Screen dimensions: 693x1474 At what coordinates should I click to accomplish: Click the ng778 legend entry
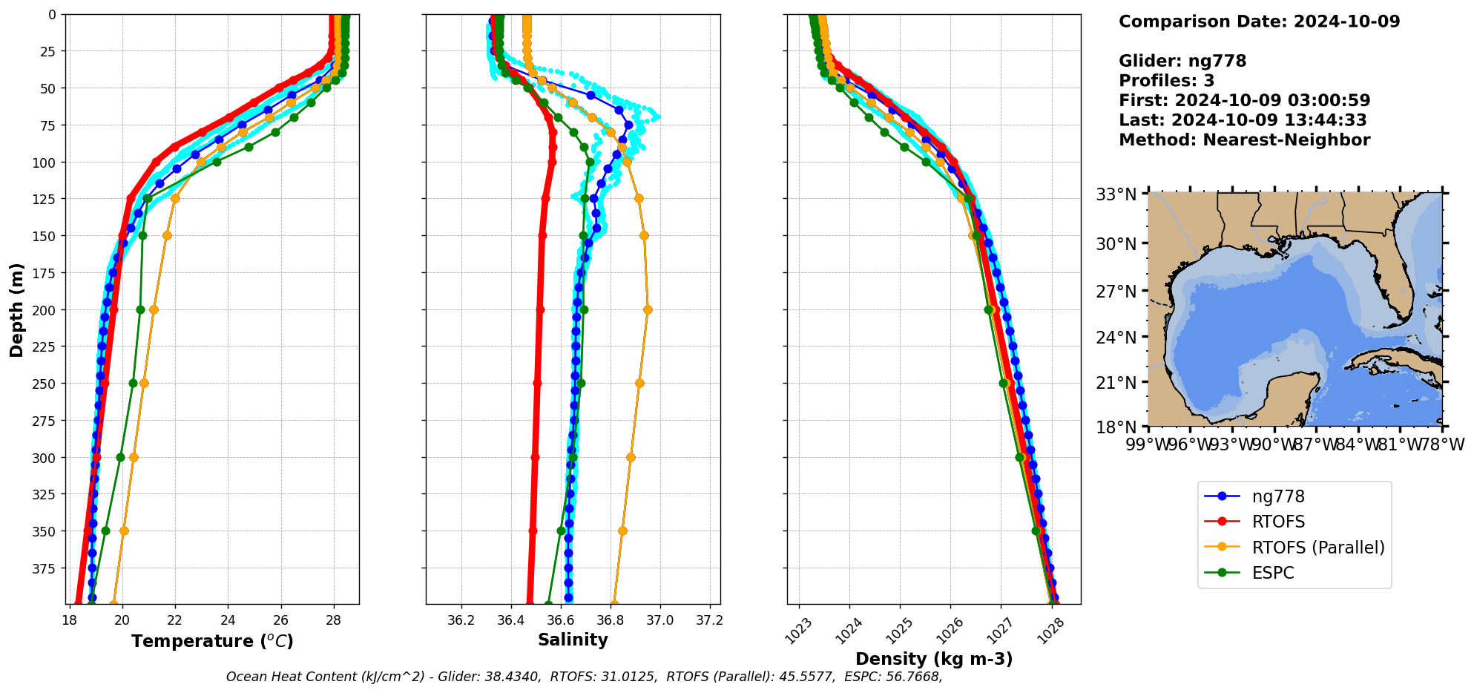coord(1277,497)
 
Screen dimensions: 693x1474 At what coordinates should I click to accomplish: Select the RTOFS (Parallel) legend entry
coord(1317,548)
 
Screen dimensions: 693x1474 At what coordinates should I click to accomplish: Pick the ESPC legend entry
coord(1272,573)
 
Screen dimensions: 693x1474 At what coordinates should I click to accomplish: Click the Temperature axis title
coord(212,641)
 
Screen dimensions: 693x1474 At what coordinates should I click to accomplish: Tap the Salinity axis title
coord(573,640)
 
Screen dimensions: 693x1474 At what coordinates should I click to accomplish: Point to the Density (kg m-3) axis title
coord(934,659)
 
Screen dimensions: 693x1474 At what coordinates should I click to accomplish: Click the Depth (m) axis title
coord(16,309)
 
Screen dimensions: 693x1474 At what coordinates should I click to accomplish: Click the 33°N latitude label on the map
coord(1116,194)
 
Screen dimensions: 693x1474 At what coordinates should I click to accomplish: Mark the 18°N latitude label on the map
coord(1116,427)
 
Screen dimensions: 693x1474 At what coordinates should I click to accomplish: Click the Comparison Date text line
coord(1259,22)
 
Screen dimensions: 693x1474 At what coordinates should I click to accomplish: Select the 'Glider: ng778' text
coord(1182,61)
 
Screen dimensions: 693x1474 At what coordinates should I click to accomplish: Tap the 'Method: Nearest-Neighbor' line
coord(1244,139)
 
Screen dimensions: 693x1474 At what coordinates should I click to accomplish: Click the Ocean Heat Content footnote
coord(584,677)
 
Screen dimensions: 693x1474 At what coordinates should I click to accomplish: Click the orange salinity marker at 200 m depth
coord(648,309)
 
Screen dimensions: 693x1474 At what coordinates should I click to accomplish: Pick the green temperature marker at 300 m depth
coord(121,457)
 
